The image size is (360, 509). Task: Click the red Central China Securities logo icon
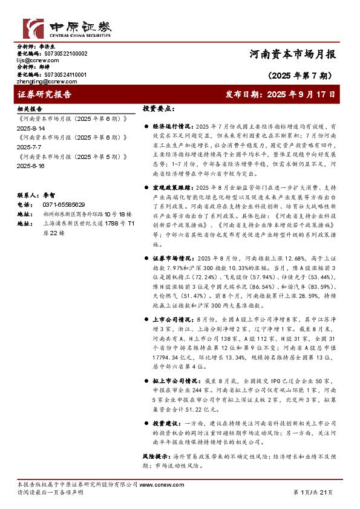[31, 28]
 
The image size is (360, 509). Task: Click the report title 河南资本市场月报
[292, 53]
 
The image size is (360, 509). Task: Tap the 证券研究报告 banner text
[45, 94]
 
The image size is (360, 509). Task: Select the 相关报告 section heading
[30, 109]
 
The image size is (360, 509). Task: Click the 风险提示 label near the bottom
[154, 453]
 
